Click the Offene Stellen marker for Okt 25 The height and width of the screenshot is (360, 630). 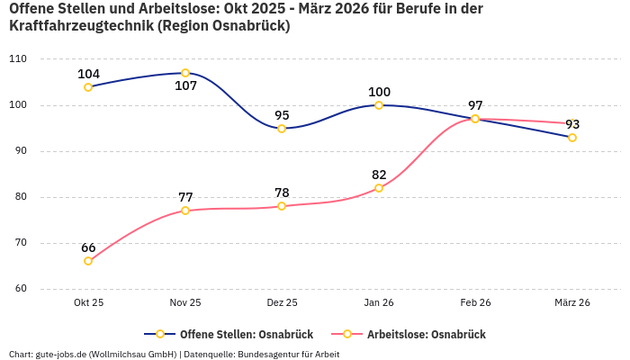tap(88, 87)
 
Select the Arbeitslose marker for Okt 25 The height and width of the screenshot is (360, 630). tap(88, 261)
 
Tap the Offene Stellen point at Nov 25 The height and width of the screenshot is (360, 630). tap(185, 73)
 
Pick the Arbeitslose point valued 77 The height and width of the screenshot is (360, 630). tap(185, 211)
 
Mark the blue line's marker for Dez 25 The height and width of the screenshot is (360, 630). tap(282, 129)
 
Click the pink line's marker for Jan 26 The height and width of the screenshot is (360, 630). tap(379, 188)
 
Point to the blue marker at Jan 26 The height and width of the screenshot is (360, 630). tap(379, 105)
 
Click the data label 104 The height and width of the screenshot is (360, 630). tap(88, 74)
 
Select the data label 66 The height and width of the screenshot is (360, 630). tap(88, 247)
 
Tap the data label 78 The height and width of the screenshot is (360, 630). tap(282, 193)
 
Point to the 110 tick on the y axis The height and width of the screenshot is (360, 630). tap(18, 59)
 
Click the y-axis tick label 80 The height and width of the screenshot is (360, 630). tap(21, 197)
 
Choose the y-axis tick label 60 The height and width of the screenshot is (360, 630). tap(21, 289)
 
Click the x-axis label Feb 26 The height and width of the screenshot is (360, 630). tap(475, 303)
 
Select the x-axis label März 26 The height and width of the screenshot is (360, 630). tap(572, 303)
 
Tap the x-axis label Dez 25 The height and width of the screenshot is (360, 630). tap(282, 303)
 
